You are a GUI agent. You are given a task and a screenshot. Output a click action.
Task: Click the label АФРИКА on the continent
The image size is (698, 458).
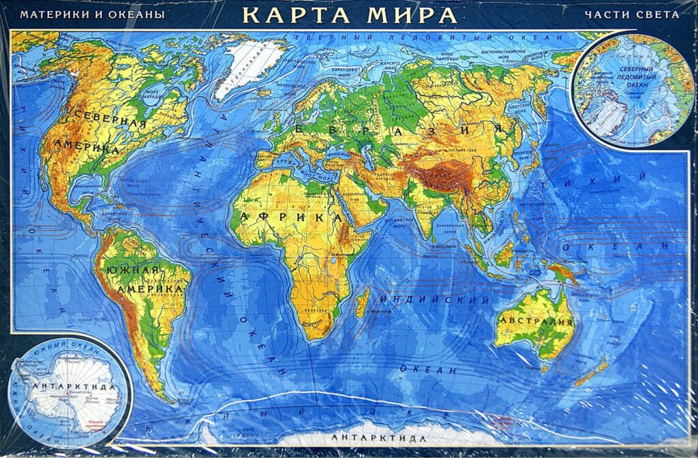click(290, 217)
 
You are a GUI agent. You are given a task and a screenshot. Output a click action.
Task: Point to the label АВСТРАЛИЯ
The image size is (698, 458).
click(536, 321)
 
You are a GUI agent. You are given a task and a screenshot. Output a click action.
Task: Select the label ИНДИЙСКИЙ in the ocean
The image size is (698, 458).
click(434, 300)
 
